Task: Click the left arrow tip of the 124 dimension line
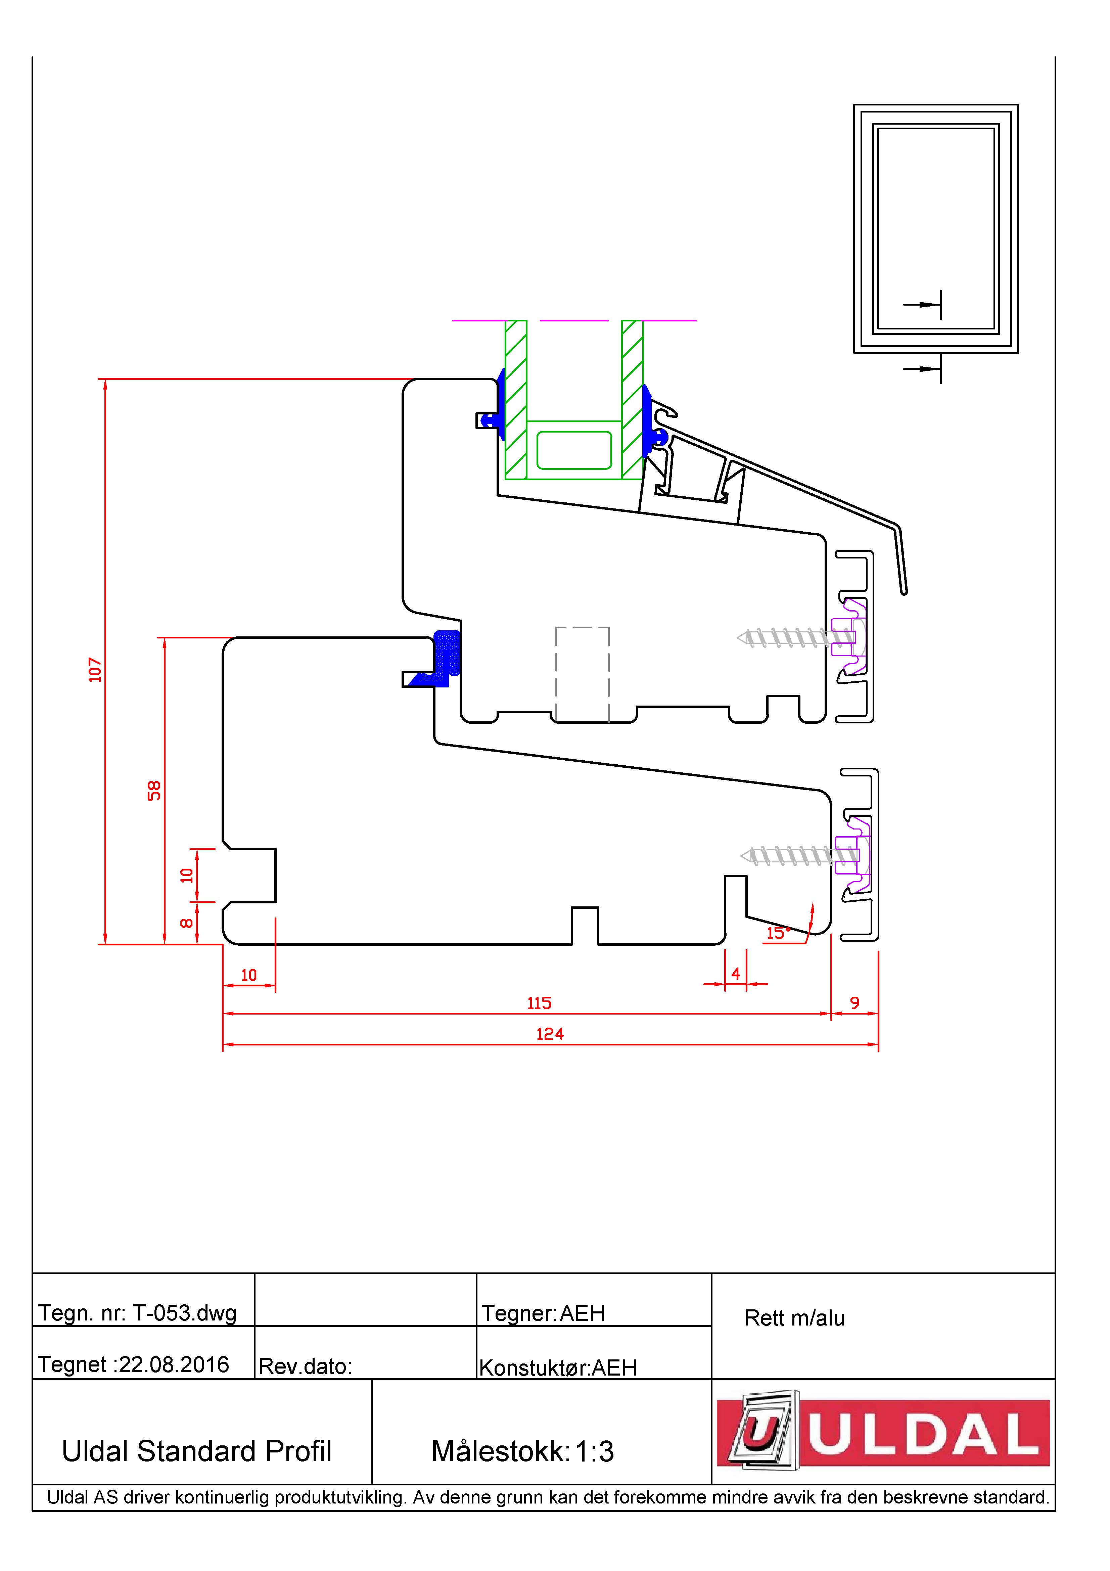click(x=224, y=1045)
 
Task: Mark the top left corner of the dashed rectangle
click(x=555, y=627)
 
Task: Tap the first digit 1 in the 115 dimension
click(x=530, y=1003)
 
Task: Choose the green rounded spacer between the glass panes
click(x=574, y=450)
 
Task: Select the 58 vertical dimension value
click(x=154, y=790)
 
